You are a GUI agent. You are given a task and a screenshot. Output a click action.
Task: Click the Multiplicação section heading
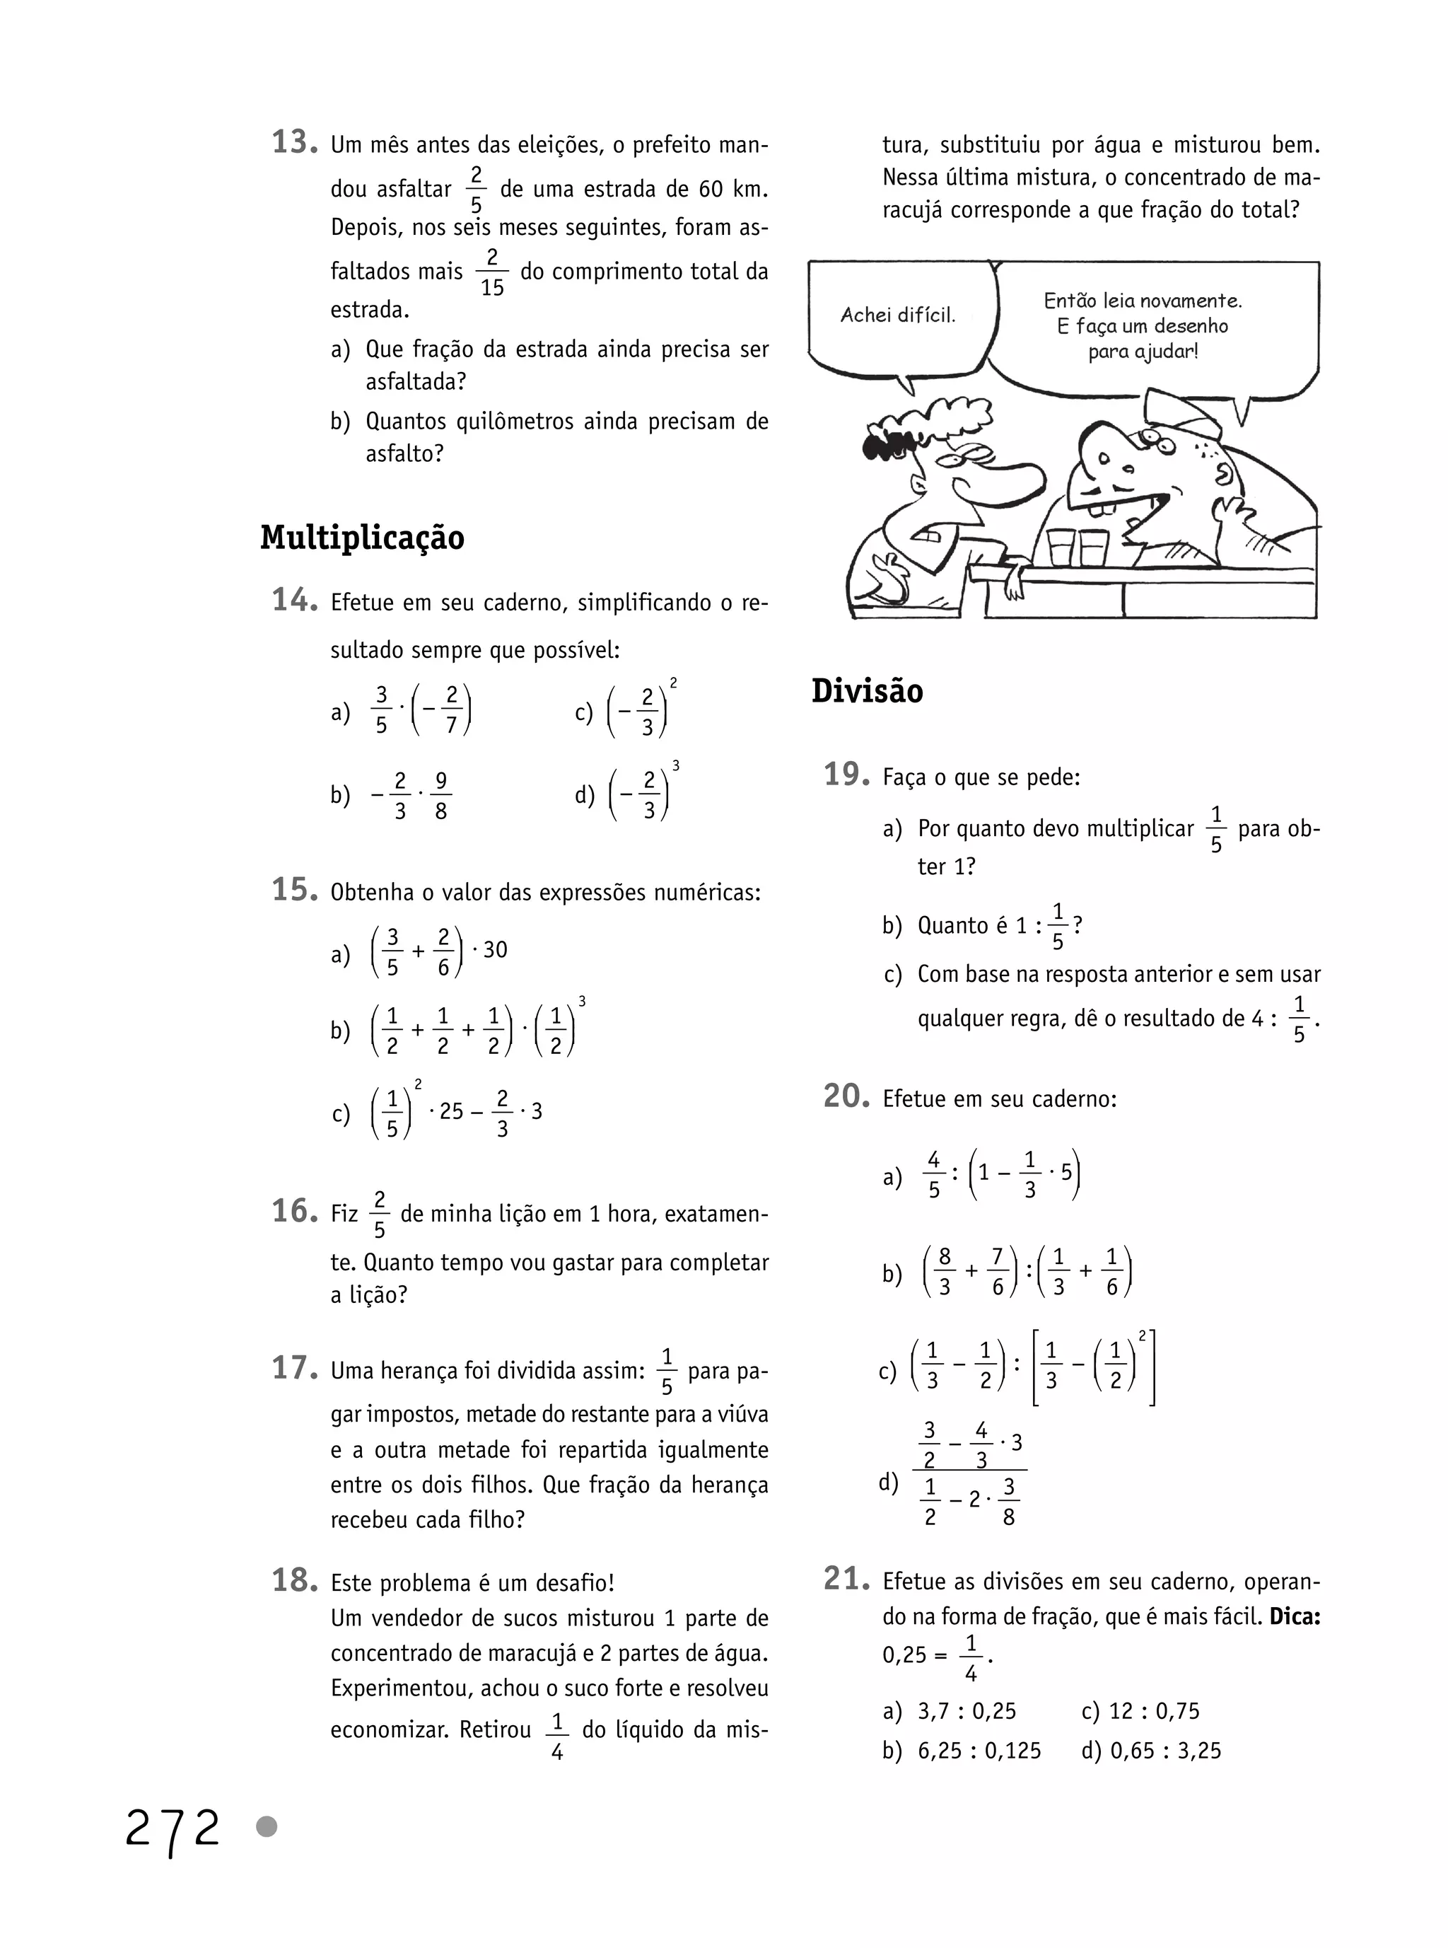click(x=362, y=538)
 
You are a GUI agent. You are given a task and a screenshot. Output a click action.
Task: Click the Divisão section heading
click(x=867, y=691)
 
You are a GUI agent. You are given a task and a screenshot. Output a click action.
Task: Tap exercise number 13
click(x=293, y=142)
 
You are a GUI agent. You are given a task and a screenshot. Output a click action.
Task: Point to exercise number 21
click(x=846, y=1579)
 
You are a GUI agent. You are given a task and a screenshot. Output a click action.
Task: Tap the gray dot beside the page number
click(x=267, y=1827)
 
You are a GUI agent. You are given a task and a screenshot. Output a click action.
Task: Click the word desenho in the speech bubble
click(x=1189, y=326)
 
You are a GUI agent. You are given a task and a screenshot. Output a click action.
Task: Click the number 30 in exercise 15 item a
click(x=495, y=949)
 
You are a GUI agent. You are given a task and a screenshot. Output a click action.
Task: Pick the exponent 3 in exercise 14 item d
click(x=675, y=766)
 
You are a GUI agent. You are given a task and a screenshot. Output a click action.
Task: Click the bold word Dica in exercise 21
click(x=1295, y=1616)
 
